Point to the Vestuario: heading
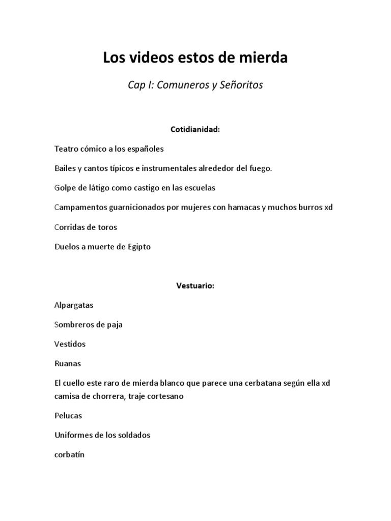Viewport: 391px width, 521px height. point(195,286)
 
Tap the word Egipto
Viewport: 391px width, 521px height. point(137,247)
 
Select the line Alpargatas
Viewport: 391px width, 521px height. point(74,305)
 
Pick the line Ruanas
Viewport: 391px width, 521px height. point(68,364)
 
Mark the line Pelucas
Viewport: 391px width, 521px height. point(68,416)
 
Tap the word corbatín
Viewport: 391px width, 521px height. point(69,454)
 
